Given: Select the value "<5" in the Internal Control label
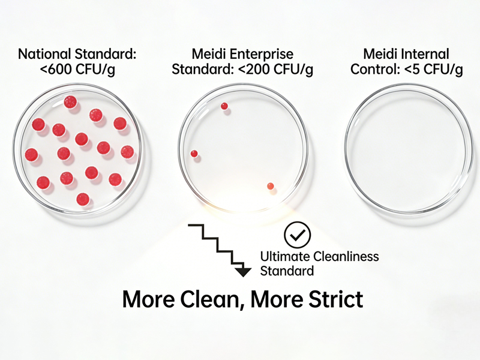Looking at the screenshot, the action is tap(414, 69).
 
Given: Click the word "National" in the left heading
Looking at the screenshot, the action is tap(44, 54).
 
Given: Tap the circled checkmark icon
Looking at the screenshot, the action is tap(297, 235).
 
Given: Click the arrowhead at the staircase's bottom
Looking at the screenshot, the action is tap(243, 272).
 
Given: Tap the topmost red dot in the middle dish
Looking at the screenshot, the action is tap(224, 106).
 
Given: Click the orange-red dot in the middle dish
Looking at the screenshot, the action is tap(271, 186).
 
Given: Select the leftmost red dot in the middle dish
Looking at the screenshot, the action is tap(194, 154).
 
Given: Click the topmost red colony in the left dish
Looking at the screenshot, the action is tap(70, 102).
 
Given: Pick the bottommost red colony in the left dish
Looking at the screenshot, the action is tap(83, 199).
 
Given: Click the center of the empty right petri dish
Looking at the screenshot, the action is tap(409, 148).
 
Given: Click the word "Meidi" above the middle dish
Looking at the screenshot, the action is tap(209, 54).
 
